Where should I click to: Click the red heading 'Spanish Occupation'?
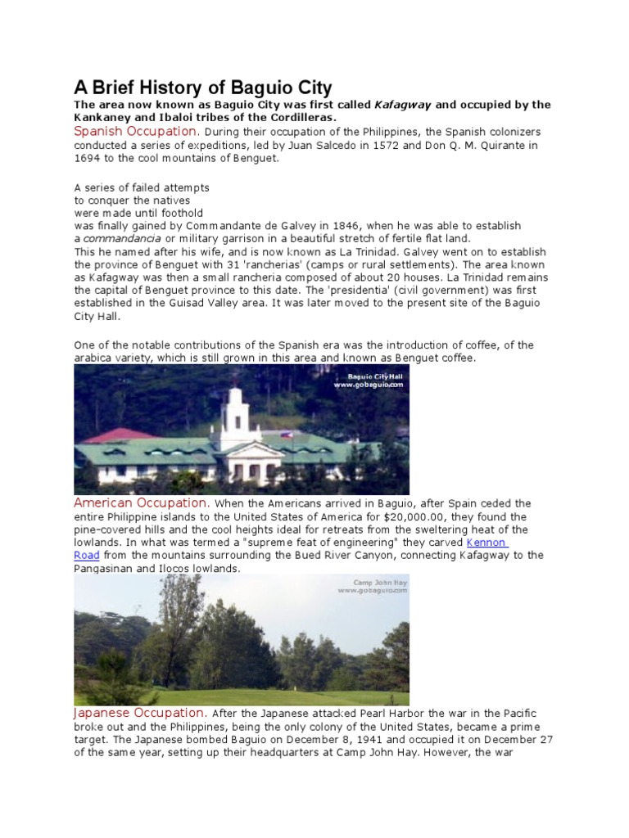(x=136, y=132)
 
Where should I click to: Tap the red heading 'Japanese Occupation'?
(x=138, y=713)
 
